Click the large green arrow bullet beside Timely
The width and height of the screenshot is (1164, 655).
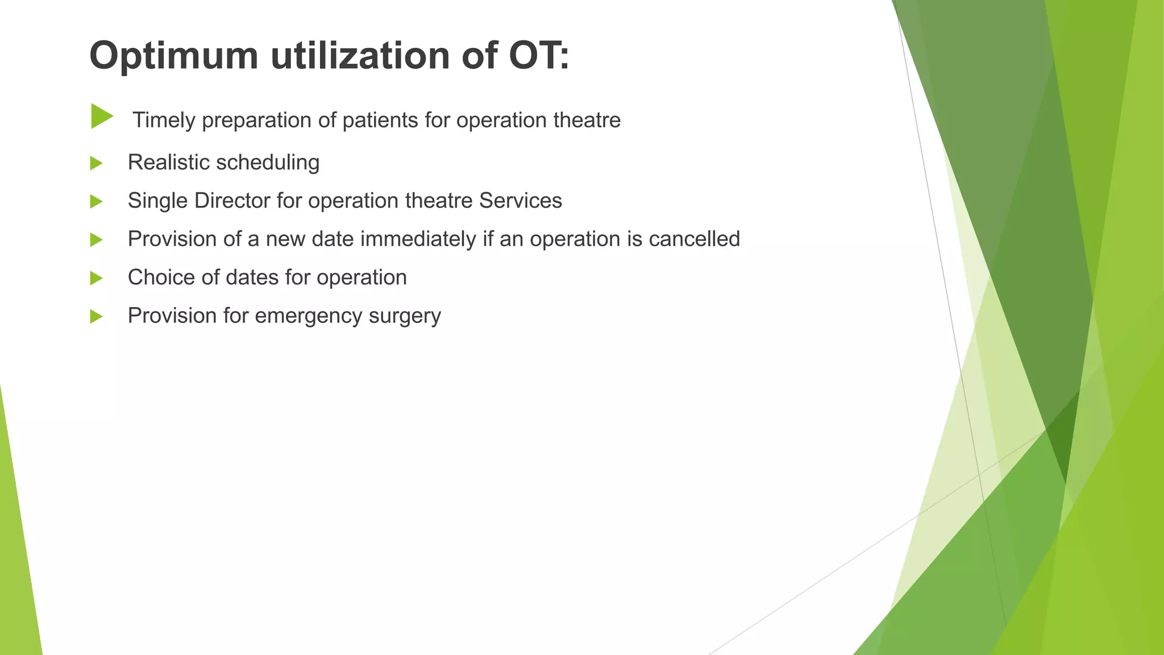pos(101,117)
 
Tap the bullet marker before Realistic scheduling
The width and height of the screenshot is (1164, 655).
pos(96,164)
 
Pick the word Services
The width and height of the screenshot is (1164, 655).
pos(520,201)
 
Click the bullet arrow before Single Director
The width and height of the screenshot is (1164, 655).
pos(96,202)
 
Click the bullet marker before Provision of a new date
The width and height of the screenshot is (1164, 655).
pos(96,240)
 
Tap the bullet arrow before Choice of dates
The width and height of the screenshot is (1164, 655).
pos(96,279)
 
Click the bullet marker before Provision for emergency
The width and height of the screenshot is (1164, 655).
pos(96,317)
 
